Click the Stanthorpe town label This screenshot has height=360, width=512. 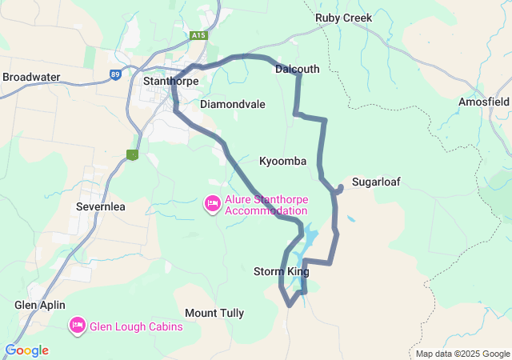(x=170, y=81)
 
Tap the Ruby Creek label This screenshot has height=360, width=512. (x=343, y=18)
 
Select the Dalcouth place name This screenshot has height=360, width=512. (x=297, y=70)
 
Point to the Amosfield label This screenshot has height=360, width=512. (x=484, y=102)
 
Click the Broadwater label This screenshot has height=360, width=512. (x=31, y=77)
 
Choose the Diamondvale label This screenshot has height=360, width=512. (x=232, y=105)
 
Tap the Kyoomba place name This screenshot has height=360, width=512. (x=282, y=162)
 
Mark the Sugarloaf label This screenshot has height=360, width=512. (x=376, y=182)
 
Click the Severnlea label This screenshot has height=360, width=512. (x=100, y=206)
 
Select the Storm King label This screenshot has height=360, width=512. (x=281, y=272)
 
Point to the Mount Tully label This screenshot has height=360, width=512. (x=214, y=314)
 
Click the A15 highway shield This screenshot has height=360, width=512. (x=198, y=36)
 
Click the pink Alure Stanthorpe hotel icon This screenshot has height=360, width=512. (x=213, y=205)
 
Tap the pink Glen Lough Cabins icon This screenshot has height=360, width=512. (x=78, y=326)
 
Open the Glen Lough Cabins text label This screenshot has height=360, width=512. (x=136, y=326)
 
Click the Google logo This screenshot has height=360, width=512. (x=26, y=350)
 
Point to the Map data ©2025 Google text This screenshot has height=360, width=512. (x=462, y=354)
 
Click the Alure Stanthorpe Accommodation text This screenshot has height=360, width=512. (x=266, y=205)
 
